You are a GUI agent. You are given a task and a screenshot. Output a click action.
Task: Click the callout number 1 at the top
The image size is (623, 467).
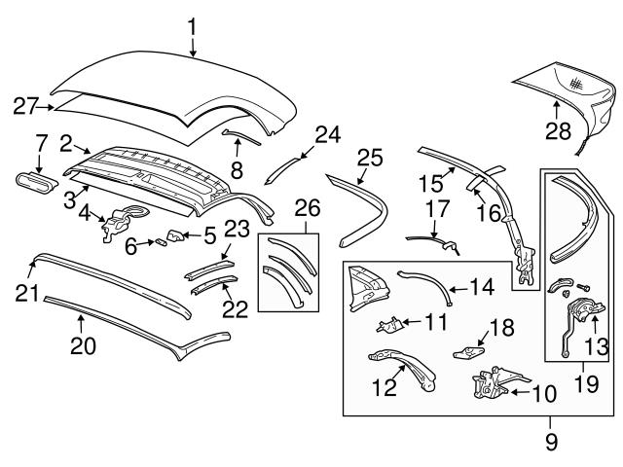click(192, 22)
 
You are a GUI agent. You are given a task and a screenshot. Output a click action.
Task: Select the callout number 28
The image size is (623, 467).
click(558, 130)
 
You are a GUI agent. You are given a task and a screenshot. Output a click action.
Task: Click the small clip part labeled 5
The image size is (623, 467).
click(176, 233)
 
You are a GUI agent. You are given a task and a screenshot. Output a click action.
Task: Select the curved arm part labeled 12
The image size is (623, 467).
click(398, 369)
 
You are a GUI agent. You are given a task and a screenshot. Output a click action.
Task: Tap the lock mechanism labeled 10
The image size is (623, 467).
click(487, 385)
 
